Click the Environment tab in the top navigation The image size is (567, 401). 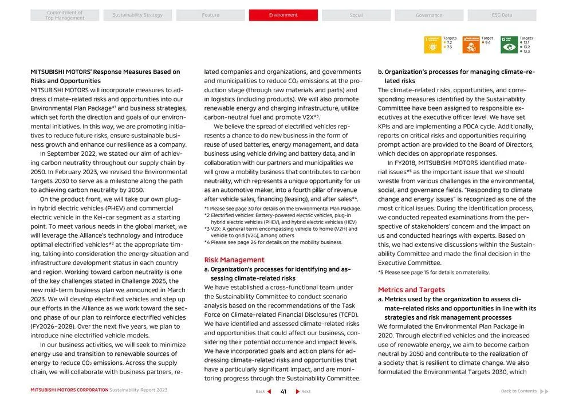(x=283, y=15)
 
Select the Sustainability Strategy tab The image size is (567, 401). (x=137, y=15)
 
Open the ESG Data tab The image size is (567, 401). (x=502, y=15)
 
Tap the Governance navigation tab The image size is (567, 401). (x=429, y=15)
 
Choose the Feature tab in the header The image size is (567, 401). (x=210, y=15)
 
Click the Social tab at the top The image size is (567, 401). (x=356, y=15)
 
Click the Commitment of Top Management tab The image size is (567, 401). (x=65, y=15)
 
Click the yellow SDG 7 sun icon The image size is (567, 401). (x=432, y=45)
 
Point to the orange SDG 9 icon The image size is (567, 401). (x=471, y=45)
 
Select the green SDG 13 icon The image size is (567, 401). (x=509, y=45)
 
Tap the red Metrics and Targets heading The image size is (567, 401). (x=411, y=290)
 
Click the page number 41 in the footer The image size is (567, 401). (x=283, y=391)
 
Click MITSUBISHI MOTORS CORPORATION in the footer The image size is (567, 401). (x=69, y=390)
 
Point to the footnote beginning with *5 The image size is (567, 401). (x=434, y=272)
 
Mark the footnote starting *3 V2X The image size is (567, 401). (x=280, y=232)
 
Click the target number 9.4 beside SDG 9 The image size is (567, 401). (x=487, y=42)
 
